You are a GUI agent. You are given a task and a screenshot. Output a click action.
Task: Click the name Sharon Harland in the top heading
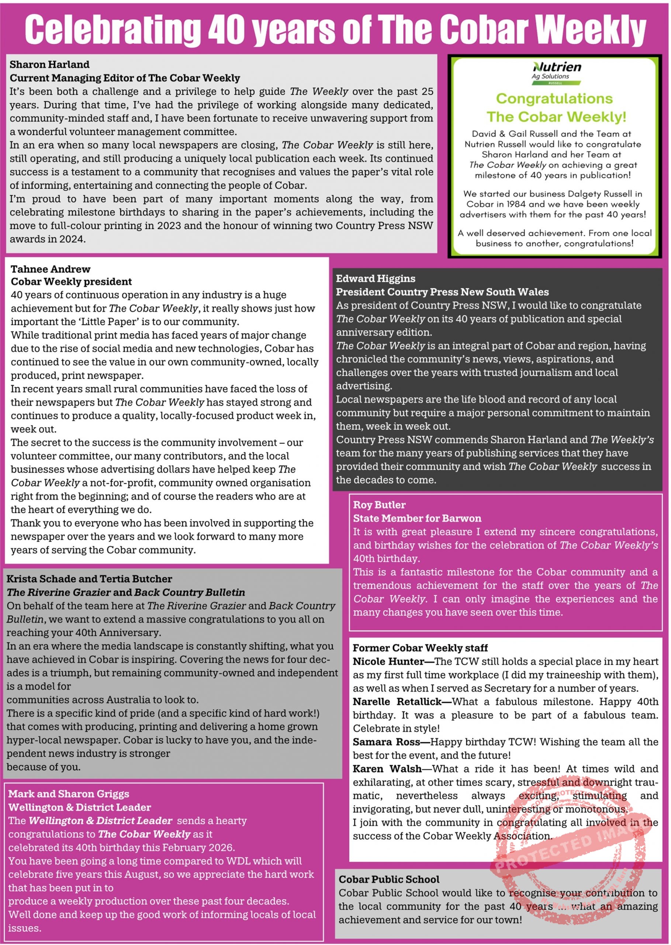[x=49, y=65]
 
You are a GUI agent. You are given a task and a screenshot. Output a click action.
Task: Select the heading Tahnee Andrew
[x=51, y=269]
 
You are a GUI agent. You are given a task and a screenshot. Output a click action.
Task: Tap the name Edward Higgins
[x=375, y=279]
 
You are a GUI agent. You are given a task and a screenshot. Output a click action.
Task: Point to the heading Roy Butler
[x=379, y=505]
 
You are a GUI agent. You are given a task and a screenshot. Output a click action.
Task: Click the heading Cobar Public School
[x=389, y=879]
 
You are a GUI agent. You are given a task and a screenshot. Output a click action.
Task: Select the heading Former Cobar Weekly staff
[x=420, y=648]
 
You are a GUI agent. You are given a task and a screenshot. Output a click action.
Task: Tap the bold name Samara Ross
[x=386, y=742]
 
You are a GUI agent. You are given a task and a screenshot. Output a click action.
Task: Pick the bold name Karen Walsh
[x=387, y=769]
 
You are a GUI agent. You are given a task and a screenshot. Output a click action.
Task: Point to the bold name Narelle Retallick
[x=397, y=701]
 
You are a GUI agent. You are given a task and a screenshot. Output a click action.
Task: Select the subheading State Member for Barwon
[x=417, y=518]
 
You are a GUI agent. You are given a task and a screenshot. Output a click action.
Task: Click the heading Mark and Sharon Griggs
[x=69, y=794]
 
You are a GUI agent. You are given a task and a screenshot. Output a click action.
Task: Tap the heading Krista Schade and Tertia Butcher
[x=89, y=579]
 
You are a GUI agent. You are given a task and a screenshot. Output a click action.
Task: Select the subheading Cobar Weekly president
[x=71, y=282]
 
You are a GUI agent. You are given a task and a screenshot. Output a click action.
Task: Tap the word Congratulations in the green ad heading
[x=554, y=99]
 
